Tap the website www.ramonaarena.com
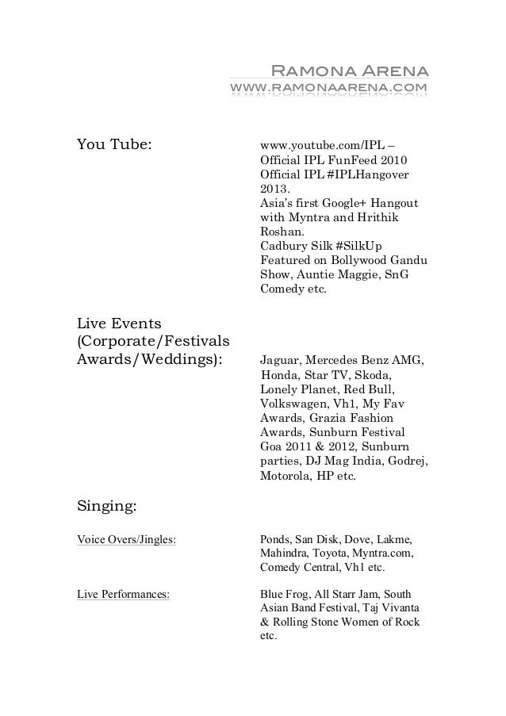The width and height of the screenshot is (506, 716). (x=328, y=86)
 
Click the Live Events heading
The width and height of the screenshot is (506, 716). (x=119, y=324)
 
